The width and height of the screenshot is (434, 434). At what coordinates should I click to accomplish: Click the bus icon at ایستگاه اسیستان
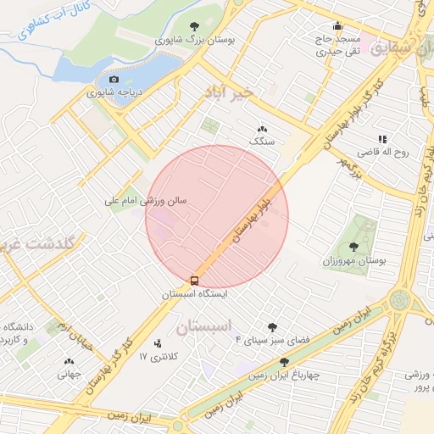point(195,280)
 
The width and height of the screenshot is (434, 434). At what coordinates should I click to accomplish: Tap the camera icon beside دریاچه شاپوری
point(114,79)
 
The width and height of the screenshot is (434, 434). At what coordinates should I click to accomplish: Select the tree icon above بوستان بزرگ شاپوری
point(196,26)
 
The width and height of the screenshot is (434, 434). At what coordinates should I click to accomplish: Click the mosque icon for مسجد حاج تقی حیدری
point(337,25)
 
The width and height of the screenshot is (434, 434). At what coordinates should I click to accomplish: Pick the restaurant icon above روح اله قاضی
point(382,139)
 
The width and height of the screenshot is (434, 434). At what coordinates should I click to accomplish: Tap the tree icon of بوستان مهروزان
point(353,247)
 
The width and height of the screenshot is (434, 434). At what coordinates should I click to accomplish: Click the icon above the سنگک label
point(260,129)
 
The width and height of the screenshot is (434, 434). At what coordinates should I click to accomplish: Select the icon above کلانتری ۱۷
point(158,343)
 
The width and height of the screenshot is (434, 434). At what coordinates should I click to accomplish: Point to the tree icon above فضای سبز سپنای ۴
point(272,326)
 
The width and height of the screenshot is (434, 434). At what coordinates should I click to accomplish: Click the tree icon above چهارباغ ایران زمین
point(284,362)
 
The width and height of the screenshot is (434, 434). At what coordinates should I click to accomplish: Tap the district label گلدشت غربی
point(42,242)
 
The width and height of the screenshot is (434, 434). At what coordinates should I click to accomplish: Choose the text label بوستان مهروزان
point(353,261)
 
